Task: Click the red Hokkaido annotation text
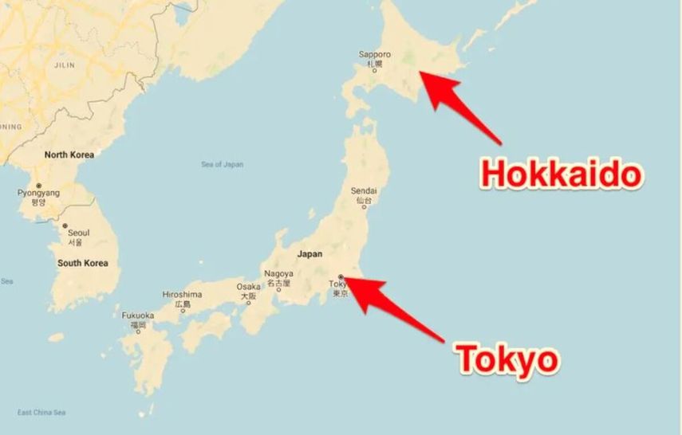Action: [560, 174]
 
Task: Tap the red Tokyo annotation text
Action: [507, 359]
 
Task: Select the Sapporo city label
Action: [375, 55]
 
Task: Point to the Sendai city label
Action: [364, 191]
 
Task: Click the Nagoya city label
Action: [278, 274]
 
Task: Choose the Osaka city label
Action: [248, 287]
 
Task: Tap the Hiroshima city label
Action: [182, 295]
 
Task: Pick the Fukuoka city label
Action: [138, 315]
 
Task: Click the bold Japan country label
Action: [309, 254]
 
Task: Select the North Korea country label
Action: [69, 155]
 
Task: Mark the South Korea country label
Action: [82, 262]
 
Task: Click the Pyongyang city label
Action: [38, 193]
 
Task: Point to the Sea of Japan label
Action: [223, 165]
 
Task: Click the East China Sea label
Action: [41, 412]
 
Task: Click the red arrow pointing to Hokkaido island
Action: [461, 108]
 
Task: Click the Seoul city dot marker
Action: [65, 225]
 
